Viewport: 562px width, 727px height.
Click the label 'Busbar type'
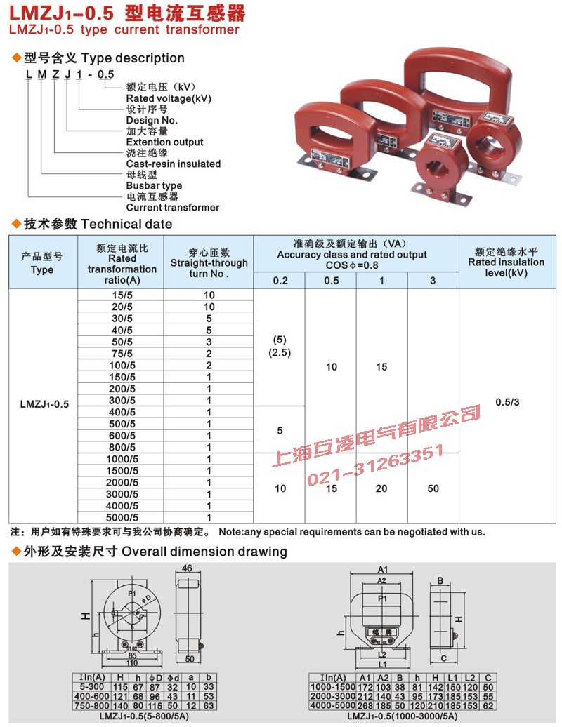154,186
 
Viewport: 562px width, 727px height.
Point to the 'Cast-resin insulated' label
173,164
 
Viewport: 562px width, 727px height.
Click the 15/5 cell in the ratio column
121,295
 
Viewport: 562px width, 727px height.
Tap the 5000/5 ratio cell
121,517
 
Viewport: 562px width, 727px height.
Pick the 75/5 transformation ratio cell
121,354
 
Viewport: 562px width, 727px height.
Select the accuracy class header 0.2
280,281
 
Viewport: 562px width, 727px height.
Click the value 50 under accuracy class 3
433,488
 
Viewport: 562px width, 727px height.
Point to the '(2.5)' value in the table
280,353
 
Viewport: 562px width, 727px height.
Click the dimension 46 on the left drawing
187,568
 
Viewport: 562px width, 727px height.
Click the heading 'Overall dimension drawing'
204,552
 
